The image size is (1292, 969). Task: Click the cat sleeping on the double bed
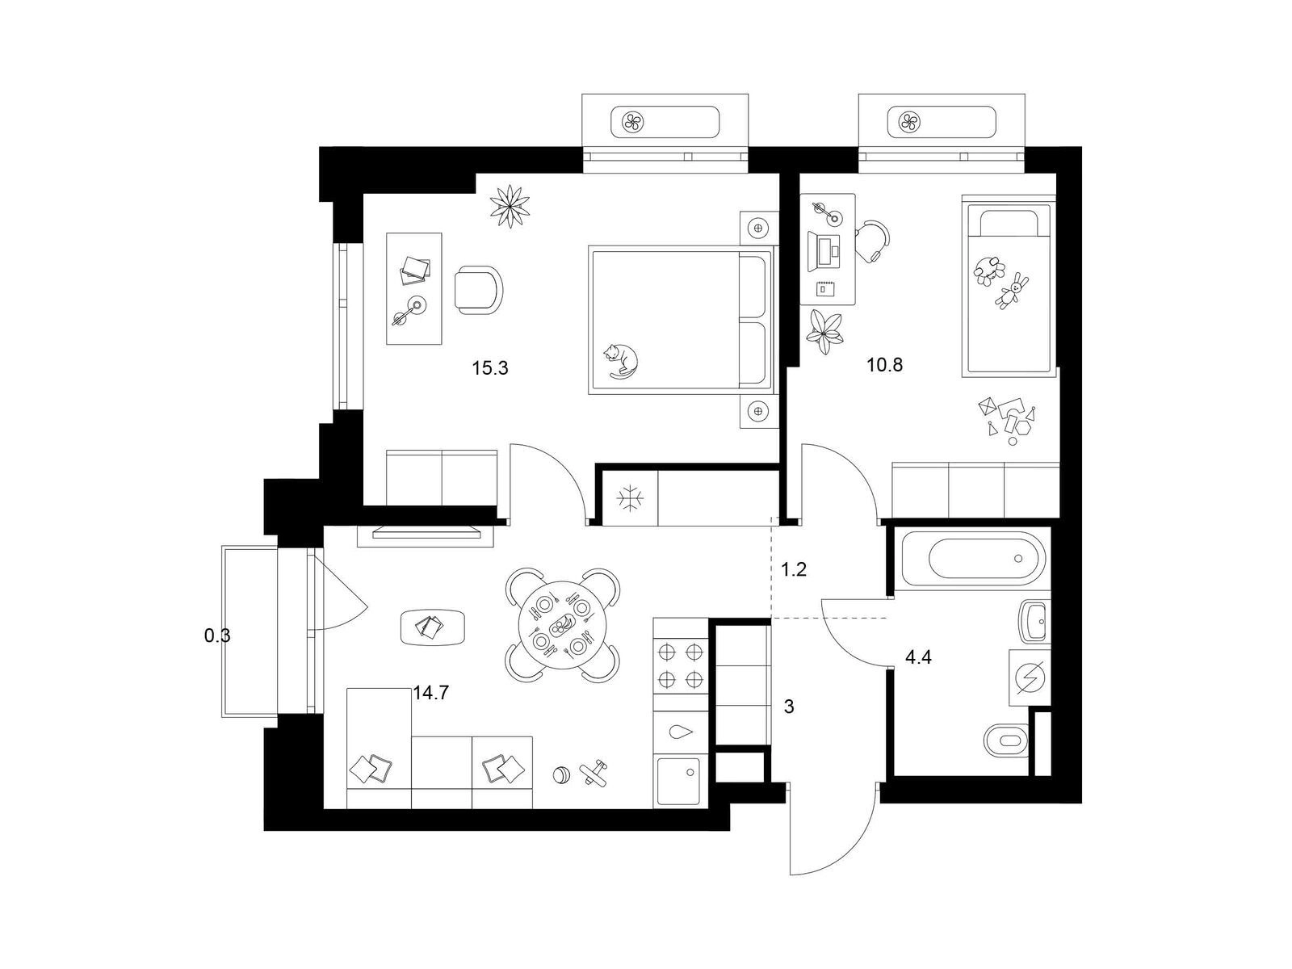(621, 361)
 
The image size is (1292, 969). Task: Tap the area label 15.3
(489, 369)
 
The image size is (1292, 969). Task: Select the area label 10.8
(884, 365)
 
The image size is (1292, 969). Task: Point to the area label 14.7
(431, 693)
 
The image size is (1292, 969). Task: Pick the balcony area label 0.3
(217, 636)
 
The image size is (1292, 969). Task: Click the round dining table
(562, 625)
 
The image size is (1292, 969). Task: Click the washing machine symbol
(1030, 677)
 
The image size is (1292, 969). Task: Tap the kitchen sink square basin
(679, 782)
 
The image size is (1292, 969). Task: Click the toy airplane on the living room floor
(594, 773)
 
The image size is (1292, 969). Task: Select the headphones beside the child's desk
(872, 241)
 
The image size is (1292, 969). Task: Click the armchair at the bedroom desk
(479, 290)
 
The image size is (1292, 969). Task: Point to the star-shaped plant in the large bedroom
(510, 206)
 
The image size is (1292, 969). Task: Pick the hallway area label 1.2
(794, 569)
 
